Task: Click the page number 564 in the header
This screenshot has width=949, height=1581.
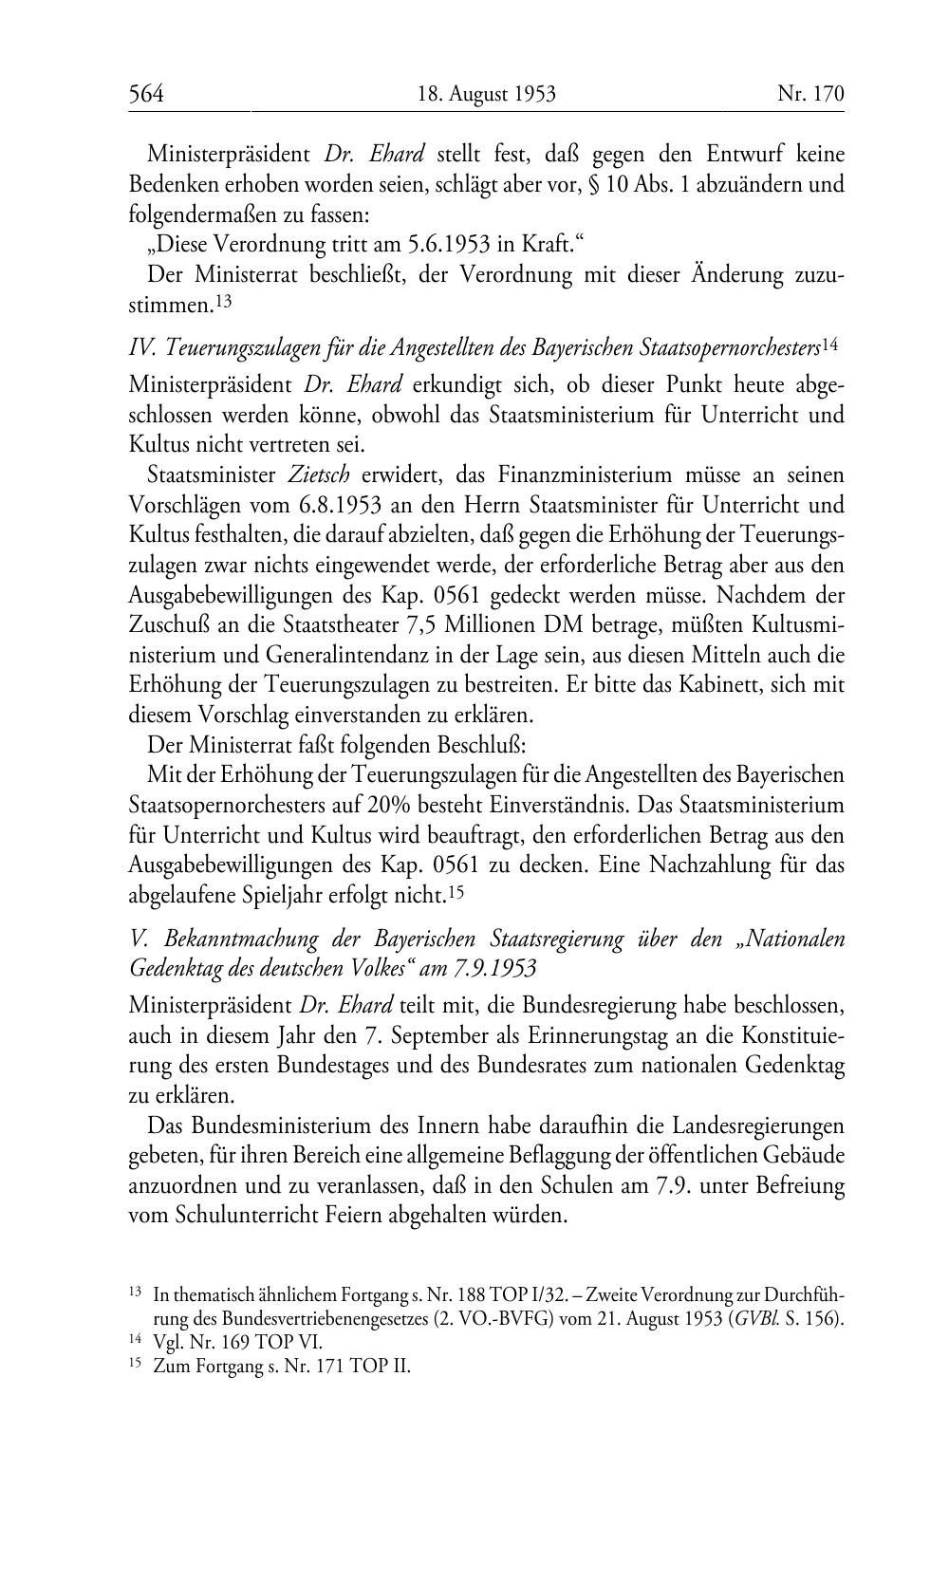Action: pyautogui.click(x=147, y=93)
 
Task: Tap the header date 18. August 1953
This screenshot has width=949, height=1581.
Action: pyautogui.click(x=486, y=93)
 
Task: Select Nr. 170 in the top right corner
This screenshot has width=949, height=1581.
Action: pyautogui.click(x=810, y=93)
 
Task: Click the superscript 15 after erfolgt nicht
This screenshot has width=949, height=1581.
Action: pyautogui.click(x=456, y=891)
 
